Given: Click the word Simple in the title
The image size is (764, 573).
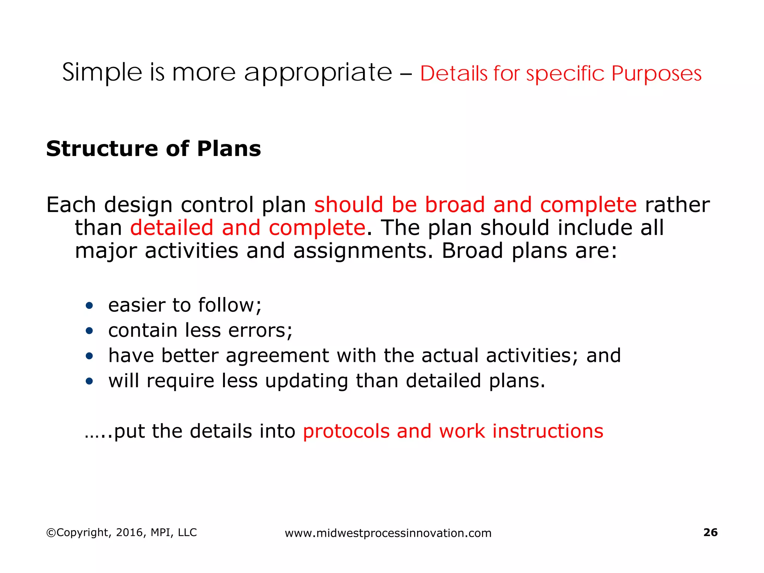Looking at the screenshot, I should [x=102, y=72].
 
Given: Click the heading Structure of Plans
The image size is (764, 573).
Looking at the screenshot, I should [x=153, y=148].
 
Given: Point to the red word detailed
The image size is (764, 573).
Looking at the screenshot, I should [x=172, y=228].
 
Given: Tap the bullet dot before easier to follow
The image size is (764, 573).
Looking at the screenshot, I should [x=89, y=306].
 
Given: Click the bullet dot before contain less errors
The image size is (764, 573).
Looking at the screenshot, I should [x=89, y=331].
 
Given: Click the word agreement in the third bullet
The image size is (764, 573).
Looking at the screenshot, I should [x=277, y=356].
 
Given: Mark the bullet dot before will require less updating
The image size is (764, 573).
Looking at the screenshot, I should [x=89, y=381].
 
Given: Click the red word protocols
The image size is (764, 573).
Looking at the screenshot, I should [x=346, y=431].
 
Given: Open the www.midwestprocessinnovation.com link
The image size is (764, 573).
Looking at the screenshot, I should [x=388, y=533].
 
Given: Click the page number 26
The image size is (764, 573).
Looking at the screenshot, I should [x=710, y=532].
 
